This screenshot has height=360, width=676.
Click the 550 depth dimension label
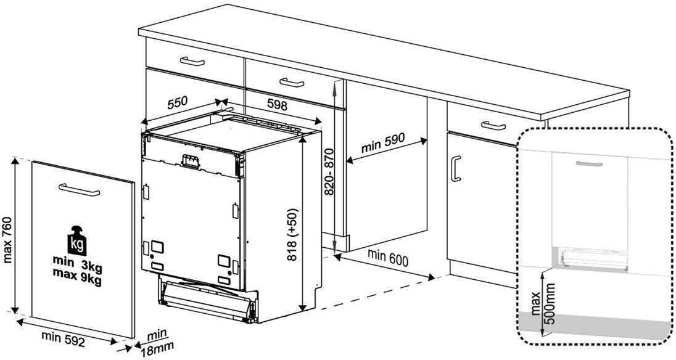[x=178, y=102]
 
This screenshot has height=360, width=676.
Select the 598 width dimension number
[x=277, y=104]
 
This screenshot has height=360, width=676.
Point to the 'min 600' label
[x=387, y=258]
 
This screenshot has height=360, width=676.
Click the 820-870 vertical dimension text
[x=329, y=172]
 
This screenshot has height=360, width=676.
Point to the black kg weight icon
[x=76, y=240]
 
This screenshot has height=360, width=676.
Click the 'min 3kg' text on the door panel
[x=77, y=261]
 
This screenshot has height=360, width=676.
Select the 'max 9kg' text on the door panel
[x=76, y=272]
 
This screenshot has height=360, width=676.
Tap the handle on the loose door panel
[x=79, y=190]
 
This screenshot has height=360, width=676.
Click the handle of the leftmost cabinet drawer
[x=192, y=61]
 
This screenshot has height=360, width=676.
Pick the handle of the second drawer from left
[x=292, y=82]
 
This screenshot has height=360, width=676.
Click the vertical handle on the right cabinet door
[x=456, y=168]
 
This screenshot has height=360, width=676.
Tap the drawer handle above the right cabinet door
[x=493, y=125]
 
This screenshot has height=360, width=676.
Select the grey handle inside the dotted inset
[x=589, y=163]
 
